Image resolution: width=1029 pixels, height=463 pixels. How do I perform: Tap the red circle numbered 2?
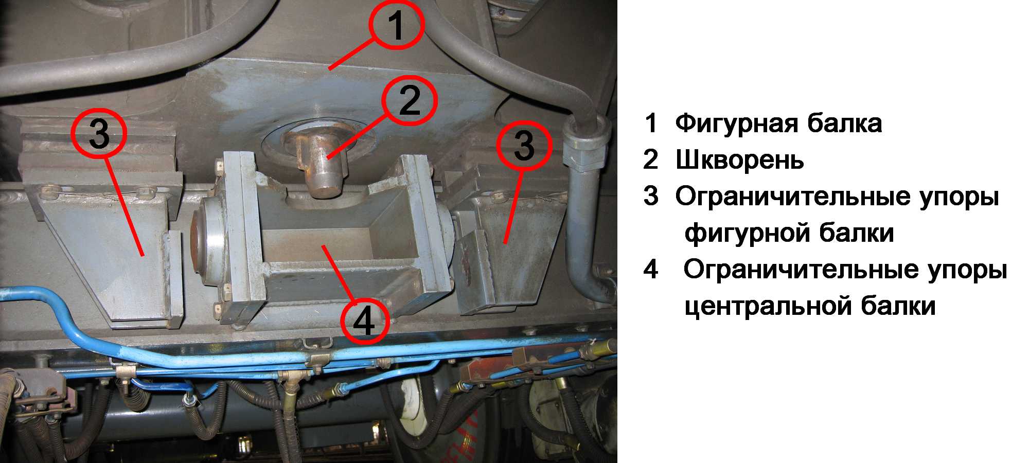[x=410, y=99]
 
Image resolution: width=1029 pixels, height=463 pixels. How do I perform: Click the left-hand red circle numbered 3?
[x=99, y=133]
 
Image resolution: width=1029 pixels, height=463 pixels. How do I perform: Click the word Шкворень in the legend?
[x=739, y=160]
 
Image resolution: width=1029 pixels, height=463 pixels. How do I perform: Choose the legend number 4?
[x=651, y=270]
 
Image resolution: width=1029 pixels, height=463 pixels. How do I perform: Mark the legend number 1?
[x=651, y=123]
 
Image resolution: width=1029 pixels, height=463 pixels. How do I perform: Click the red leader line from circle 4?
[x=338, y=273]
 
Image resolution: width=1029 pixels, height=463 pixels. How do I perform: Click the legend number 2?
[x=651, y=160]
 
